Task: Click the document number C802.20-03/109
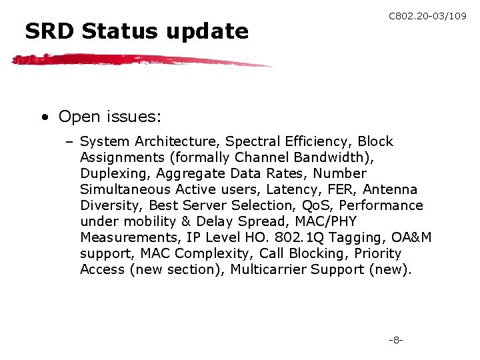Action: point(427,15)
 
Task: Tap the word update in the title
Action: point(213,31)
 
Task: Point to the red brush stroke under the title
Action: point(140,61)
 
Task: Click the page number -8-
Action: point(396,340)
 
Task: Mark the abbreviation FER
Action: point(343,189)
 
